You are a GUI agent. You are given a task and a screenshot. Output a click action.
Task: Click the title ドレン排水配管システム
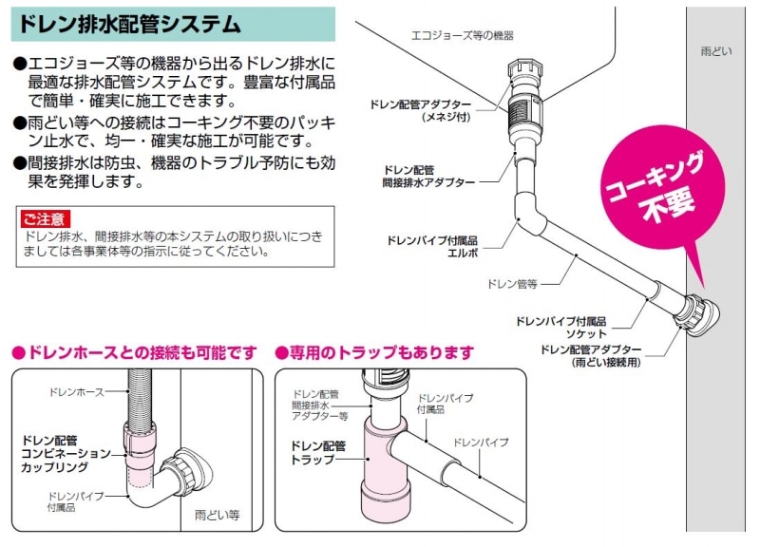tap(129, 24)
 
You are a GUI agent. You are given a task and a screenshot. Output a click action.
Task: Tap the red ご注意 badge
tap(45, 219)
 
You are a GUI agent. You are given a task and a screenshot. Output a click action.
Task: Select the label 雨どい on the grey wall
tap(716, 51)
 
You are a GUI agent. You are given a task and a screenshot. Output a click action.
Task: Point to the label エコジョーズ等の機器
tap(462, 35)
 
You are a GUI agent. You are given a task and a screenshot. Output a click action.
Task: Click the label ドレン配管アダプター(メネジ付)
tap(420, 110)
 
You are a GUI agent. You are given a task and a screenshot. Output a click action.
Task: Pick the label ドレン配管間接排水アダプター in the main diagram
tap(429, 177)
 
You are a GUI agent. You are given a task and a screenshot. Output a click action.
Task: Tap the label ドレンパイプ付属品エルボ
tap(432, 247)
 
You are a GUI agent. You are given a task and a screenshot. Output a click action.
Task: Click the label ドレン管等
tap(512, 284)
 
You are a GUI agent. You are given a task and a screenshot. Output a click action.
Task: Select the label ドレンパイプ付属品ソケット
tap(560, 328)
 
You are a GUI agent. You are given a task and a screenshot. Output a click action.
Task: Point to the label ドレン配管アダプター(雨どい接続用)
tap(591, 355)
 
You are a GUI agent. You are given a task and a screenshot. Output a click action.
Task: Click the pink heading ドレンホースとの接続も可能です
tap(134, 352)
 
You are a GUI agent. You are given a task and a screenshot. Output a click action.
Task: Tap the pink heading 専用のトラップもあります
tap(374, 352)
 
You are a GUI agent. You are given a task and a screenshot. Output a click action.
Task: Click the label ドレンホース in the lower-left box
tap(77, 392)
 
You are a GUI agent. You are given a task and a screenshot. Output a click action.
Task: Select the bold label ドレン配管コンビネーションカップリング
tap(66, 454)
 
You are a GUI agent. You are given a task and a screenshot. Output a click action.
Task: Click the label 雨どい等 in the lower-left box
tap(218, 515)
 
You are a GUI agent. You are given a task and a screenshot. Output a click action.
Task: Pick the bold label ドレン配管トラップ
tap(317, 453)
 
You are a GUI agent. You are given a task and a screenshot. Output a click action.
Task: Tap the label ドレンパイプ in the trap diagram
tap(481, 443)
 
